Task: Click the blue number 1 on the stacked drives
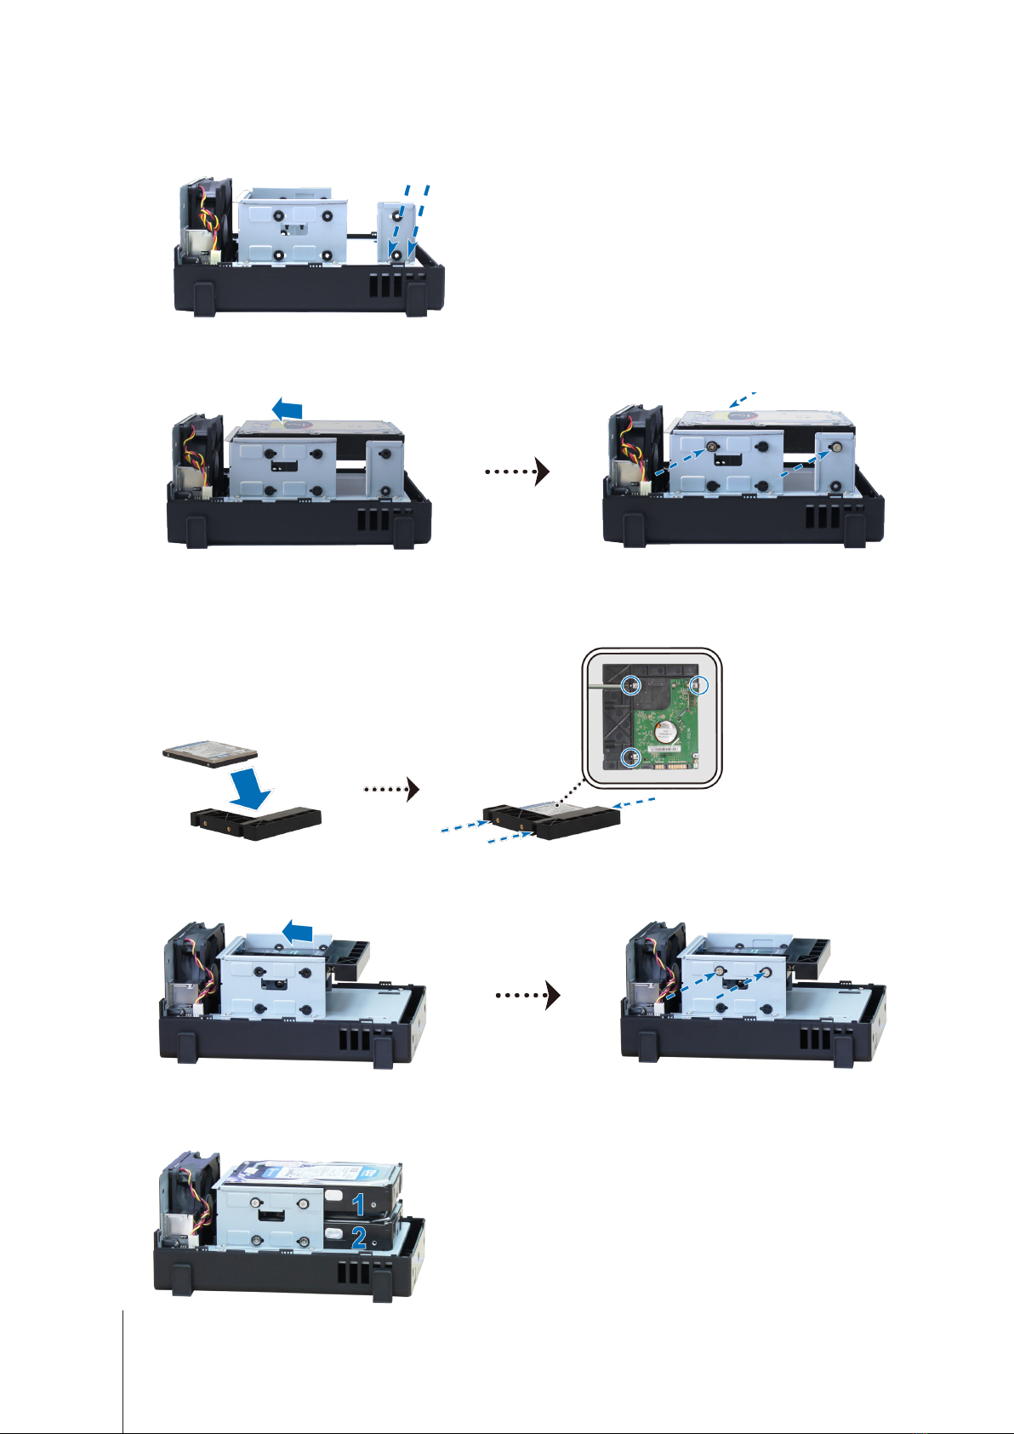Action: click(x=359, y=1203)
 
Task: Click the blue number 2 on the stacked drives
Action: click(x=360, y=1237)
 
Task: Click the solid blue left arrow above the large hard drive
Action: click(x=287, y=410)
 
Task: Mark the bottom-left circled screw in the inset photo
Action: click(x=629, y=757)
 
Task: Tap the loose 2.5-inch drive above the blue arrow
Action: click(x=210, y=753)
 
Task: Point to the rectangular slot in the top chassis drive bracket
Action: click(x=293, y=228)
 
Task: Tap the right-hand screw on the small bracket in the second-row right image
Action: click(x=837, y=445)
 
